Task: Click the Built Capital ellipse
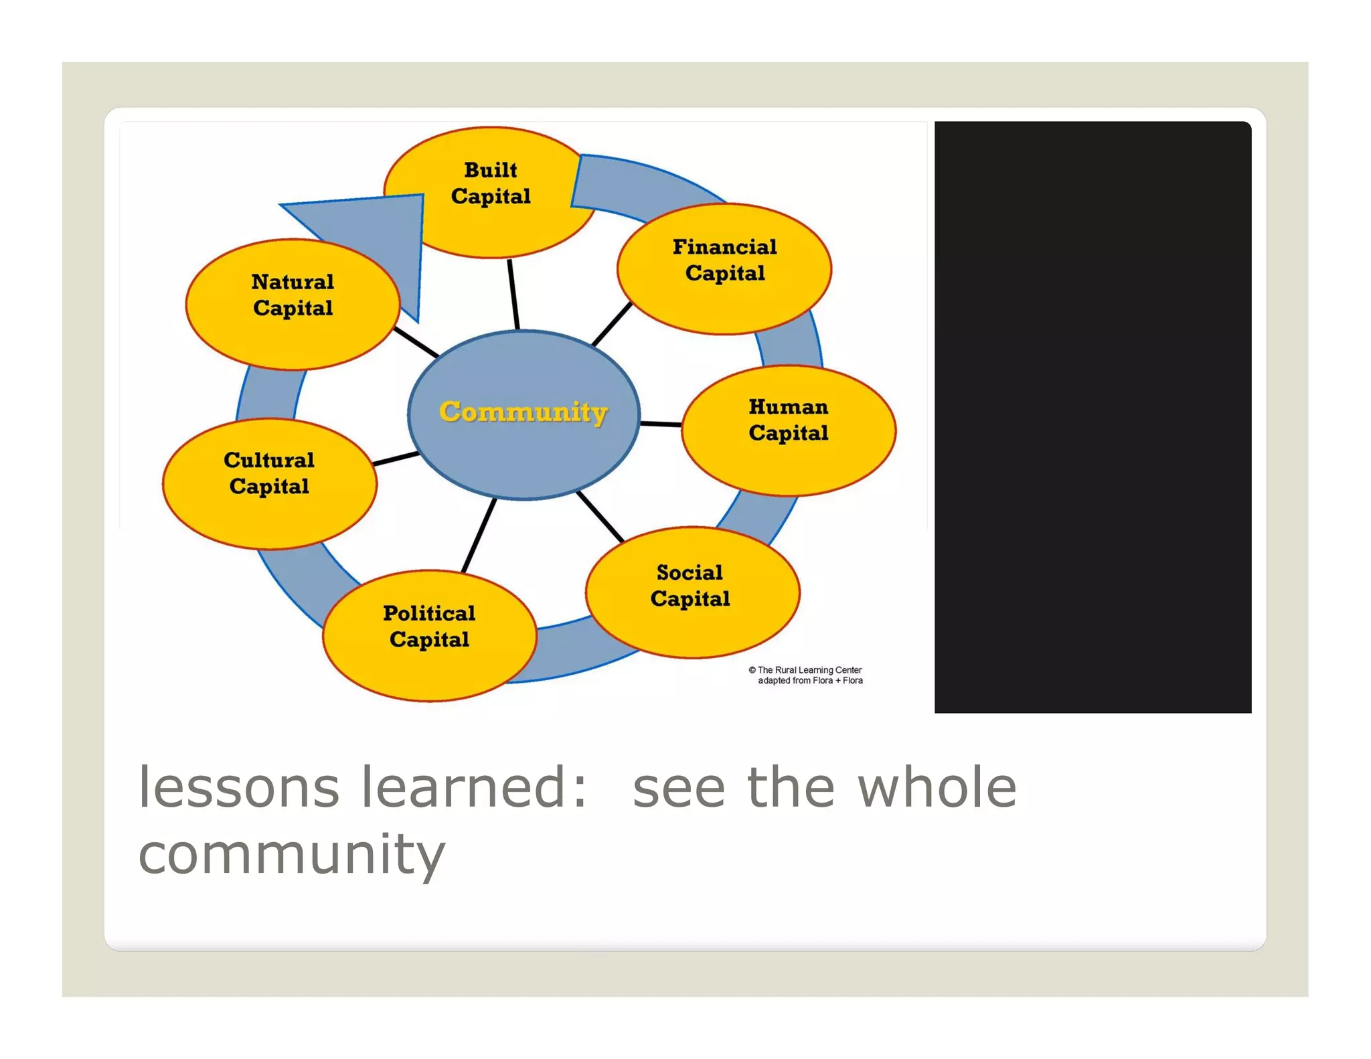tap(490, 191)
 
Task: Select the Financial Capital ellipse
tap(724, 268)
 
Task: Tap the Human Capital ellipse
tap(789, 430)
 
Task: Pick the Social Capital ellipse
tap(692, 592)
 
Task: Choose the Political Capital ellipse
tap(429, 635)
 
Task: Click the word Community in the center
tap(523, 412)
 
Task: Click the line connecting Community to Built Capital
tap(513, 295)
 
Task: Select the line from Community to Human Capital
tap(661, 424)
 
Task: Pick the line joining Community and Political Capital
tap(479, 536)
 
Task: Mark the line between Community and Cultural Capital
tap(396, 459)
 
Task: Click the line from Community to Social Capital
tap(600, 516)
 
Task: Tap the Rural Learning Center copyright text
tap(805, 675)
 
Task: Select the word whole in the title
tap(937, 788)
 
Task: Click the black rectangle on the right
tap(1093, 416)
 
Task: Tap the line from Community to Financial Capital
tap(612, 324)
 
